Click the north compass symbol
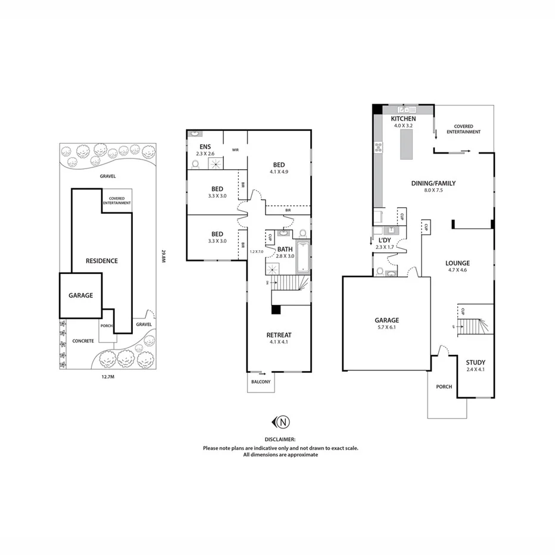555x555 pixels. [282, 422]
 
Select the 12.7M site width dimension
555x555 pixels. [108, 376]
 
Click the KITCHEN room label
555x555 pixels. [403, 119]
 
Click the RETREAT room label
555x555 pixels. [279, 335]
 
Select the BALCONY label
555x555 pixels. [261, 382]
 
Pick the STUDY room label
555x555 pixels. [475, 362]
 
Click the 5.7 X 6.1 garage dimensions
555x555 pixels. [386, 327]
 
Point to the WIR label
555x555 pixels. [235, 150]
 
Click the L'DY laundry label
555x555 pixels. [385, 241]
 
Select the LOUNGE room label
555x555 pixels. [457, 263]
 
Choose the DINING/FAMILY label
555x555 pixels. [433, 183]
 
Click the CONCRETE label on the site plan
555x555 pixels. [83, 341]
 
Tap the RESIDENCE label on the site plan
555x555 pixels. [101, 260]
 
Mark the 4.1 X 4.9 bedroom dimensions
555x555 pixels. [279, 172]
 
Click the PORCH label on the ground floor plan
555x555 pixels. [444, 386]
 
